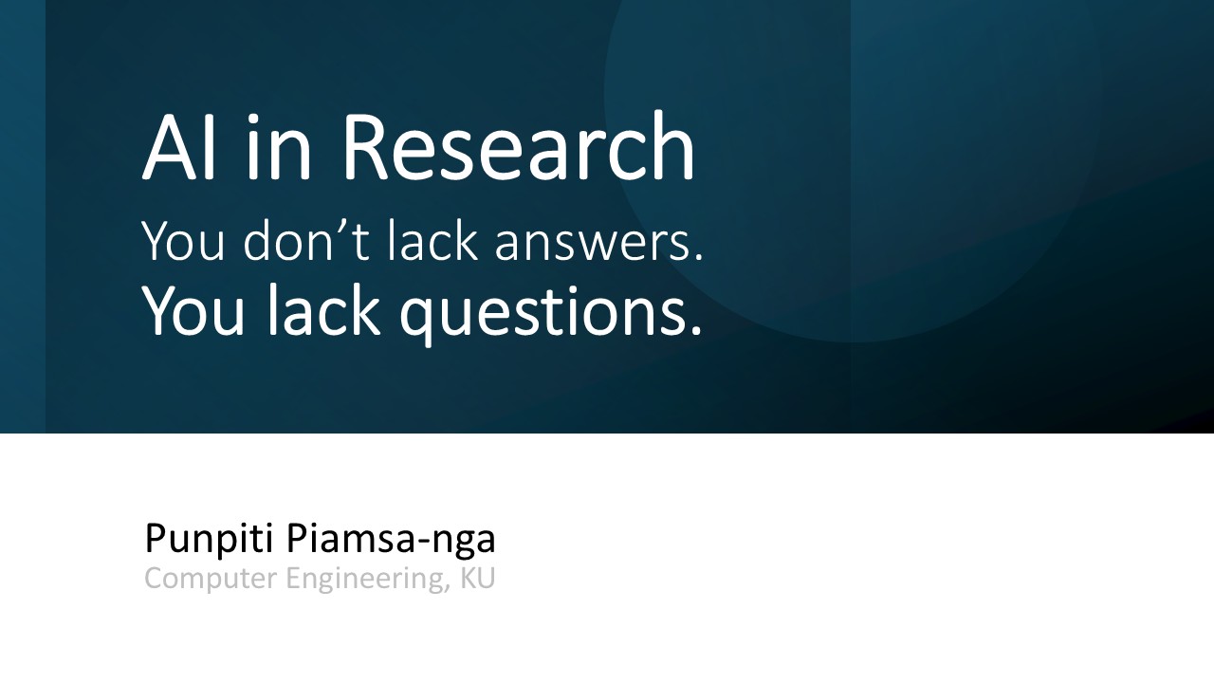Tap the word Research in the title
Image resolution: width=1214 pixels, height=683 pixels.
point(519,145)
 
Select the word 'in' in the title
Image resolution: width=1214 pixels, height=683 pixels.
point(279,146)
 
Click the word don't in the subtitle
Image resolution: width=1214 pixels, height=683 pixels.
point(306,240)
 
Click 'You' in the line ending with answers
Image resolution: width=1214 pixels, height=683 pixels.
point(183,241)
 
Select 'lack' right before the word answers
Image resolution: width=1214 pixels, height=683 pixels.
point(432,240)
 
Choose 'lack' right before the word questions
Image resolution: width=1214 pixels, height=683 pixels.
point(323,309)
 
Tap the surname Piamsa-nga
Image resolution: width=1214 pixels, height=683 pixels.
point(391,540)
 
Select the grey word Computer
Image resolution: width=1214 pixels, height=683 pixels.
point(211,579)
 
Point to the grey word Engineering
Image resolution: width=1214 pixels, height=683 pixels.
point(366,580)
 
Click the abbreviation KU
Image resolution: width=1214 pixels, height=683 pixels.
point(478,578)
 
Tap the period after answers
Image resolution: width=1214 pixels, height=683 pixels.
point(698,257)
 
